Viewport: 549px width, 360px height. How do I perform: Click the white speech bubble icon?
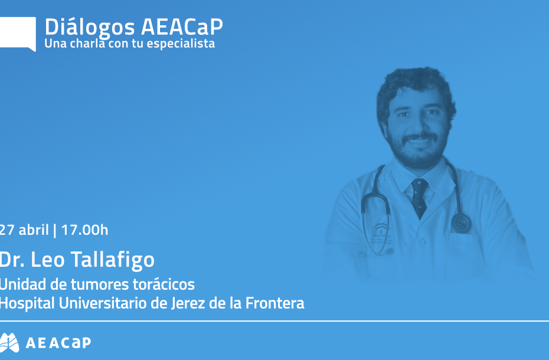tap(17, 32)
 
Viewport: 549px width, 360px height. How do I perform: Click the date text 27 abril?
tap(24, 230)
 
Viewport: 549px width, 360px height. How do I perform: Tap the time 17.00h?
tap(84, 230)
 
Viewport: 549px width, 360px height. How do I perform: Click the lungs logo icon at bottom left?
tap(10, 342)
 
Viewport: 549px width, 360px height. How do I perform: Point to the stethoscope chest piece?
tap(461, 222)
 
